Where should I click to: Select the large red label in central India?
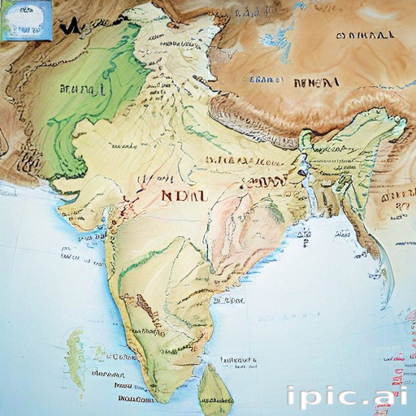coord(184,196)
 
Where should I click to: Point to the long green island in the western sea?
coord(76,357)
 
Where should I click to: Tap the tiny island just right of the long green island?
coord(100,354)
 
